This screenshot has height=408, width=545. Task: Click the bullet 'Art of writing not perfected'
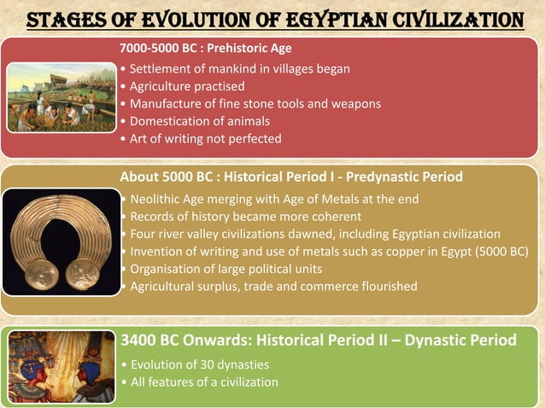205,138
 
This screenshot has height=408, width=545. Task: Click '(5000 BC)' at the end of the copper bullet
497,251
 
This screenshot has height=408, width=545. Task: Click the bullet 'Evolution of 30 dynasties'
199,364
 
